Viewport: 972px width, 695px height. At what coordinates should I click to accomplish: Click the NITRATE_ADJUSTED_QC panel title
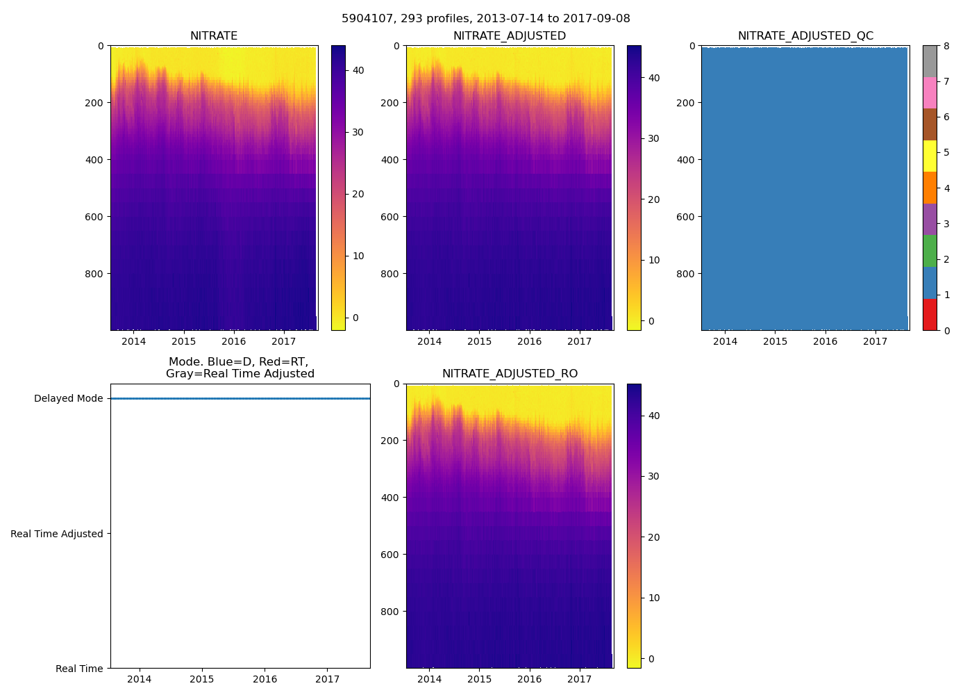pos(805,36)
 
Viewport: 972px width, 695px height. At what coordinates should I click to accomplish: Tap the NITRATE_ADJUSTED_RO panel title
pos(510,374)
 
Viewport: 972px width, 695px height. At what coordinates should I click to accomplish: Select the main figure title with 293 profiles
pos(486,19)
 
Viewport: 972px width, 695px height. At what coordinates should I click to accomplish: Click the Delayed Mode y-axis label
pos(68,399)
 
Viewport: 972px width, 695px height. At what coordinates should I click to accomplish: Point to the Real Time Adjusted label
pos(56,534)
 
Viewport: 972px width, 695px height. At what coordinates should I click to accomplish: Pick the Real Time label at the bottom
pos(79,669)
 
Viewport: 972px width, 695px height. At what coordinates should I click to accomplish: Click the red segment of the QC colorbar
pos(930,315)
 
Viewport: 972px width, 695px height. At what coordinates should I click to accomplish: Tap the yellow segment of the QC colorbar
pos(930,156)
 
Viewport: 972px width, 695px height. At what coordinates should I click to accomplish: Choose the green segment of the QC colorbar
pos(930,251)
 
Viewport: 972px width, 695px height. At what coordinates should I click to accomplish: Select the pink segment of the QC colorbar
pos(930,93)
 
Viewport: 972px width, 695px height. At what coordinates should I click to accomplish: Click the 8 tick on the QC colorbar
pos(946,46)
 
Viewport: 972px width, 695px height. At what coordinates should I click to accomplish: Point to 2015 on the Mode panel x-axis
pos(202,679)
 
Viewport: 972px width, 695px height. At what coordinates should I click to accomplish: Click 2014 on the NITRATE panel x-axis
pos(134,341)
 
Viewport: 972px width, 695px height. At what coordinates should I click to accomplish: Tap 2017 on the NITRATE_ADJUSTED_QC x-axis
pos(875,341)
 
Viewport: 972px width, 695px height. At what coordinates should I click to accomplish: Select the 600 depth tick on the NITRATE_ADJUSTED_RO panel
pos(392,555)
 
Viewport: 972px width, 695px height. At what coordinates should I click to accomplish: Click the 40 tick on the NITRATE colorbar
pos(358,70)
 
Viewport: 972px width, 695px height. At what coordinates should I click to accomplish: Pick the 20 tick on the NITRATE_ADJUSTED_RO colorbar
pos(653,537)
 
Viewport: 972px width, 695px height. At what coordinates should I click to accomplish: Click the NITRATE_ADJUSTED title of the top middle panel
pos(510,36)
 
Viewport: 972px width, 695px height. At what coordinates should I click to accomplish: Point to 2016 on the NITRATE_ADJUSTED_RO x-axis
pos(529,679)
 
